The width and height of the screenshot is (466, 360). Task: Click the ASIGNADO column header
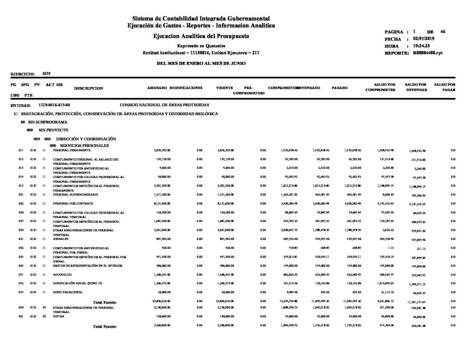tap(157, 87)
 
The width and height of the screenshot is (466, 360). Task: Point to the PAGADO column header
tap(340, 87)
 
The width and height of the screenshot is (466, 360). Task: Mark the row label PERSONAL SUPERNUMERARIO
tap(72, 194)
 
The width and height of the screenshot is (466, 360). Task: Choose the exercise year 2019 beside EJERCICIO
tap(46, 73)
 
